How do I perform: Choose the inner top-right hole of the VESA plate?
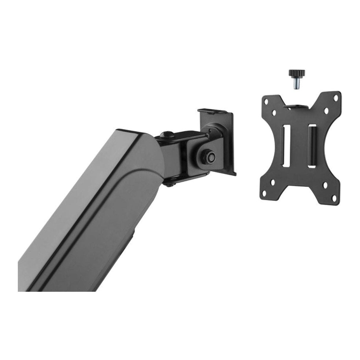pos(326,110)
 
